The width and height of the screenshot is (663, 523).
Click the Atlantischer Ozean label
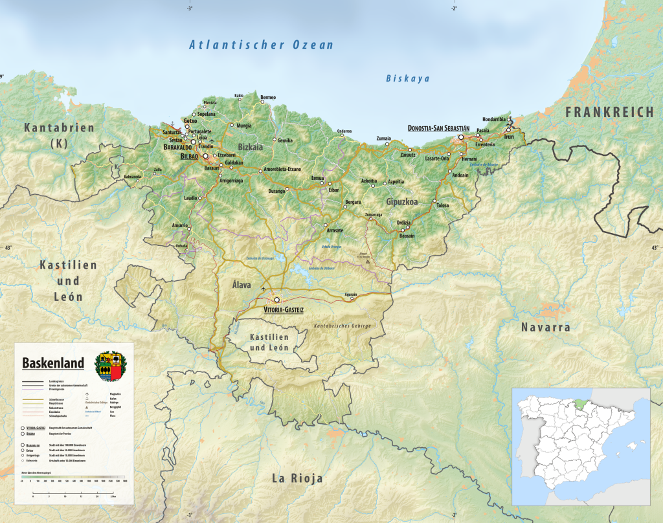[x=261, y=45]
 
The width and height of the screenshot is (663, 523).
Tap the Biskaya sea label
[x=407, y=78]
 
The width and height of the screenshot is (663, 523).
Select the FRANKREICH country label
[x=609, y=113]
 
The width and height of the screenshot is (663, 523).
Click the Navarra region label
[x=546, y=328]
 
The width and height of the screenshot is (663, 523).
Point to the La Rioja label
[x=297, y=478]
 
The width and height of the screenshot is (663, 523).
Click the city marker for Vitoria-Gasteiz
[x=277, y=300]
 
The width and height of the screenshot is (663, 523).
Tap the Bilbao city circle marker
[x=207, y=156]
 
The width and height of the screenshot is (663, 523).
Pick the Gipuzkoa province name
[x=401, y=201]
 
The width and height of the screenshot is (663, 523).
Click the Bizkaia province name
[x=251, y=147]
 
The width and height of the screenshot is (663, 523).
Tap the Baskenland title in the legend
[x=53, y=363]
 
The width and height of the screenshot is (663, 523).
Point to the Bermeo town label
[x=268, y=97]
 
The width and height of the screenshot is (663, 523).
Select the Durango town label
[x=276, y=192]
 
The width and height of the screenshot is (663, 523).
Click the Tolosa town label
[x=442, y=205]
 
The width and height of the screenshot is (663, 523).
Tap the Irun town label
[x=509, y=137]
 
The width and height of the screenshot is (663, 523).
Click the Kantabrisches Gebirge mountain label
[x=343, y=326]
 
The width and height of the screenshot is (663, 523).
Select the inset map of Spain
[x=581, y=446]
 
